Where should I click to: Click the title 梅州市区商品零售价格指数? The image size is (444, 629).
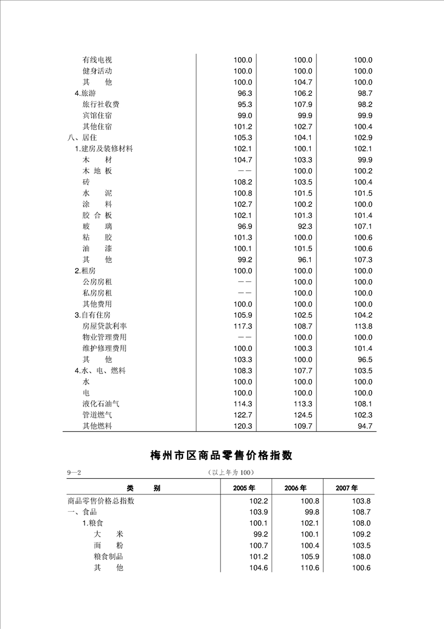(x=222, y=455)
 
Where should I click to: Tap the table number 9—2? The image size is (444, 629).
(x=74, y=473)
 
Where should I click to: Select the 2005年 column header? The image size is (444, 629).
(x=244, y=488)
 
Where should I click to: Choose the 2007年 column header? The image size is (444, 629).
(x=347, y=488)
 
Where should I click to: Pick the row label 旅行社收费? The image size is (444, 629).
(x=101, y=104)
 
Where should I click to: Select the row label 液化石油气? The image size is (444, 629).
(x=101, y=404)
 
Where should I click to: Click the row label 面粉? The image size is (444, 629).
(x=108, y=545)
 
